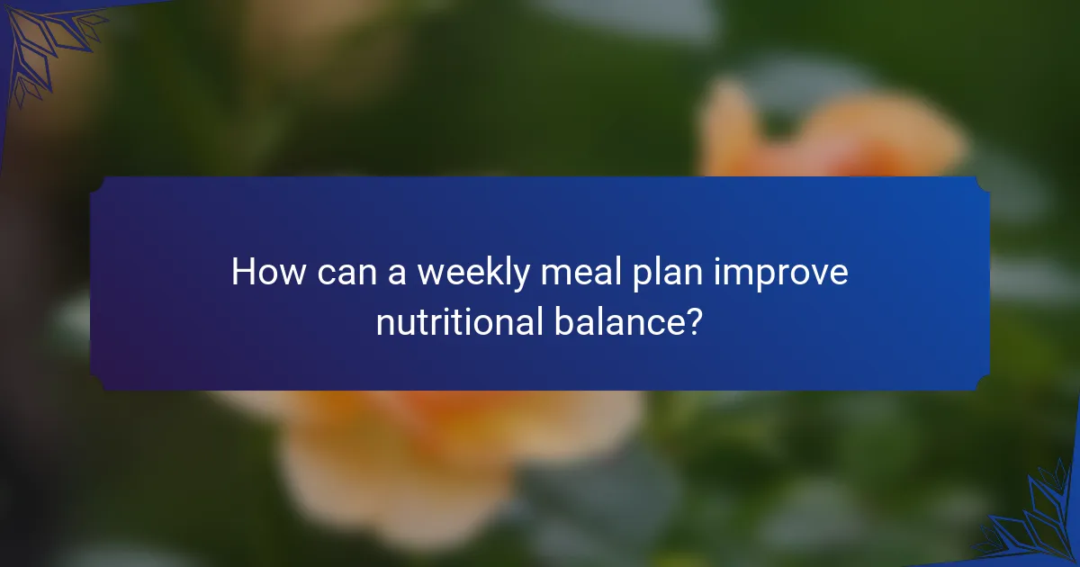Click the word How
pos(267,272)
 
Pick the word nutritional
pos(455,322)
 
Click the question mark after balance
pos(693,322)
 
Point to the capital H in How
pos(242,272)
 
